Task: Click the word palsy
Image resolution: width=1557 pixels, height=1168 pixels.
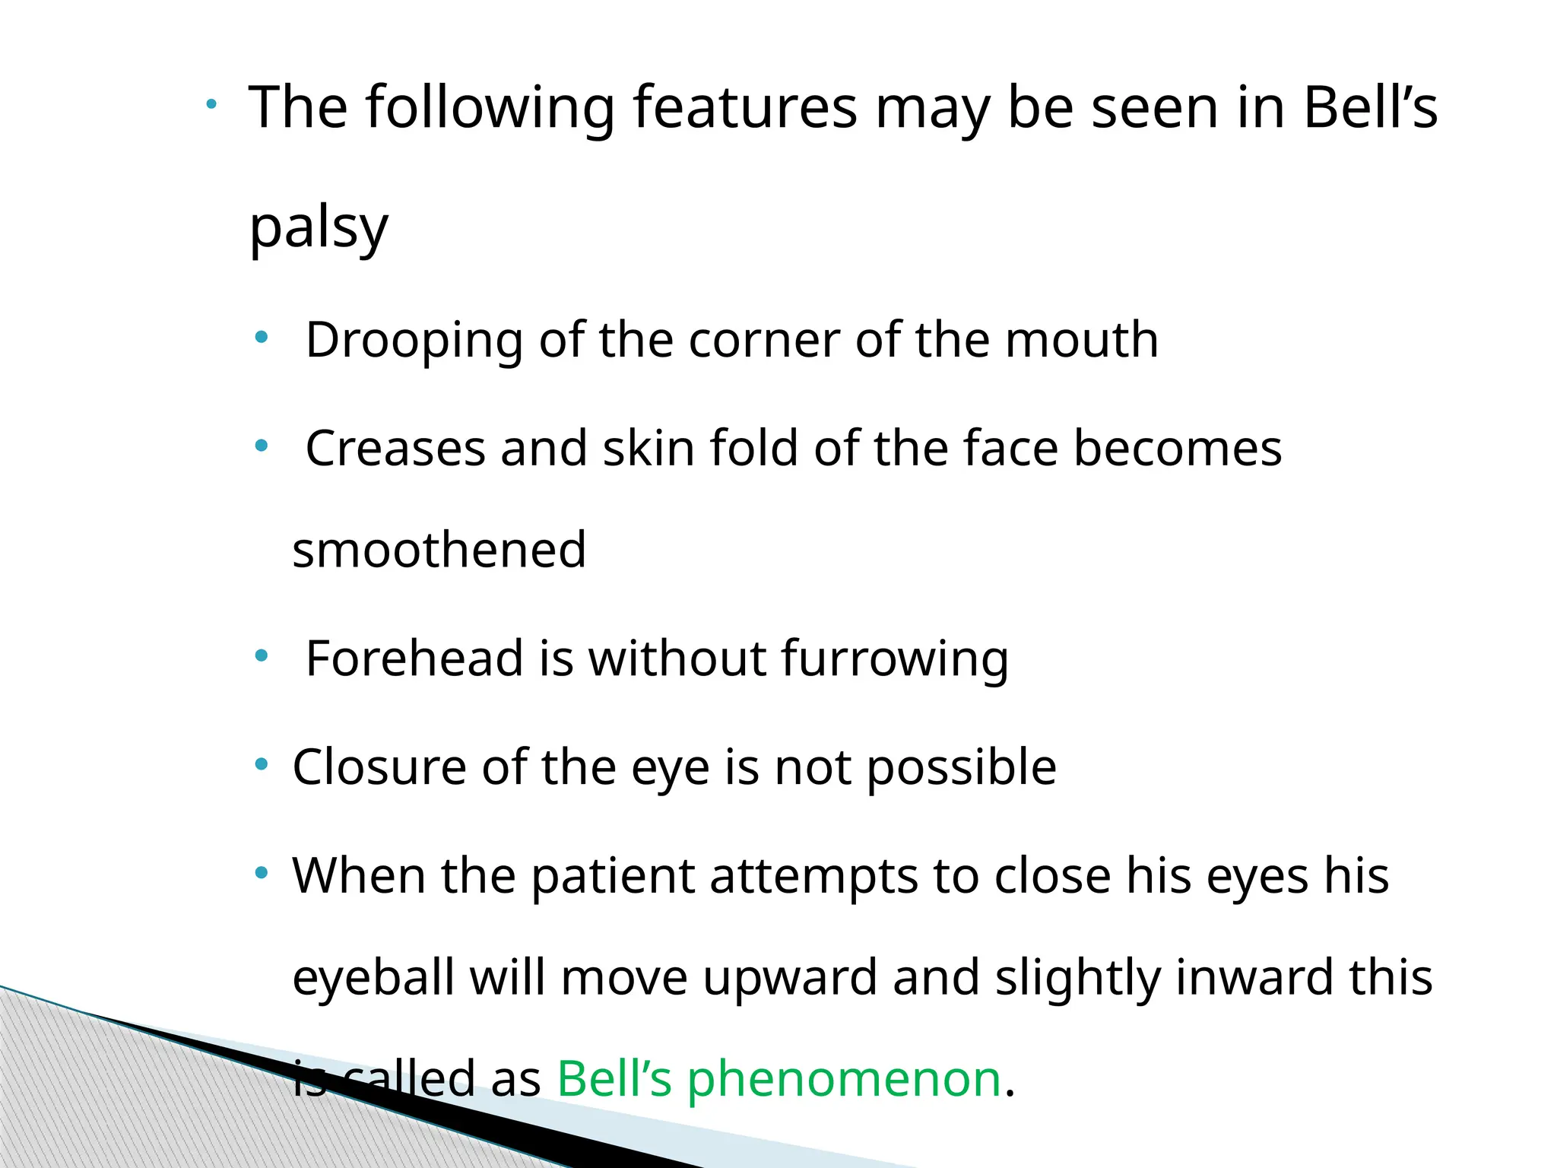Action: pyautogui.click(x=319, y=228)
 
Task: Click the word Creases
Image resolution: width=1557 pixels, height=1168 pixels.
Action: pyautogui.click(x=395, y=448)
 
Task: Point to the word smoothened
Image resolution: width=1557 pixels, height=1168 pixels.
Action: pyautogui.click(x=439, y=550)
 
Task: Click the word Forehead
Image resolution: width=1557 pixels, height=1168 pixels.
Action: pyautogui.click(x=414, y=658)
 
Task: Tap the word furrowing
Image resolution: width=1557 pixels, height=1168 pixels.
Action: pyautogui.click(x=895, y=659)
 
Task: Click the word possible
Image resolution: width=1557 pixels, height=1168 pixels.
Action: pyautogui.click(x=961, y=767)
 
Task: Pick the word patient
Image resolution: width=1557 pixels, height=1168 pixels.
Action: pyautogui.click(x=612, y=876)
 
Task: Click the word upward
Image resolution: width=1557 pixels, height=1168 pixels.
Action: pyautogui.click(x=790, y=978)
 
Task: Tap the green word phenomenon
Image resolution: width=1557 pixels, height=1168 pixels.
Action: pyautogui.click(x=844, y=1080)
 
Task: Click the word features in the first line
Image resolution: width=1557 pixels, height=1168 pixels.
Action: pyautogui.click(x=745, y=108)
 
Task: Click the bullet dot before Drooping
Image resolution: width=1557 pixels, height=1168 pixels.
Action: pyautogui.click(x=262, y=337)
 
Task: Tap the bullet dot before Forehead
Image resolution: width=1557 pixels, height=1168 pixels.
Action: pyautogui.click(x=262, y=655)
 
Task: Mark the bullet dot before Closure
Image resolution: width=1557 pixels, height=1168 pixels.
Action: pyautogui.click(x=262, y=763)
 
